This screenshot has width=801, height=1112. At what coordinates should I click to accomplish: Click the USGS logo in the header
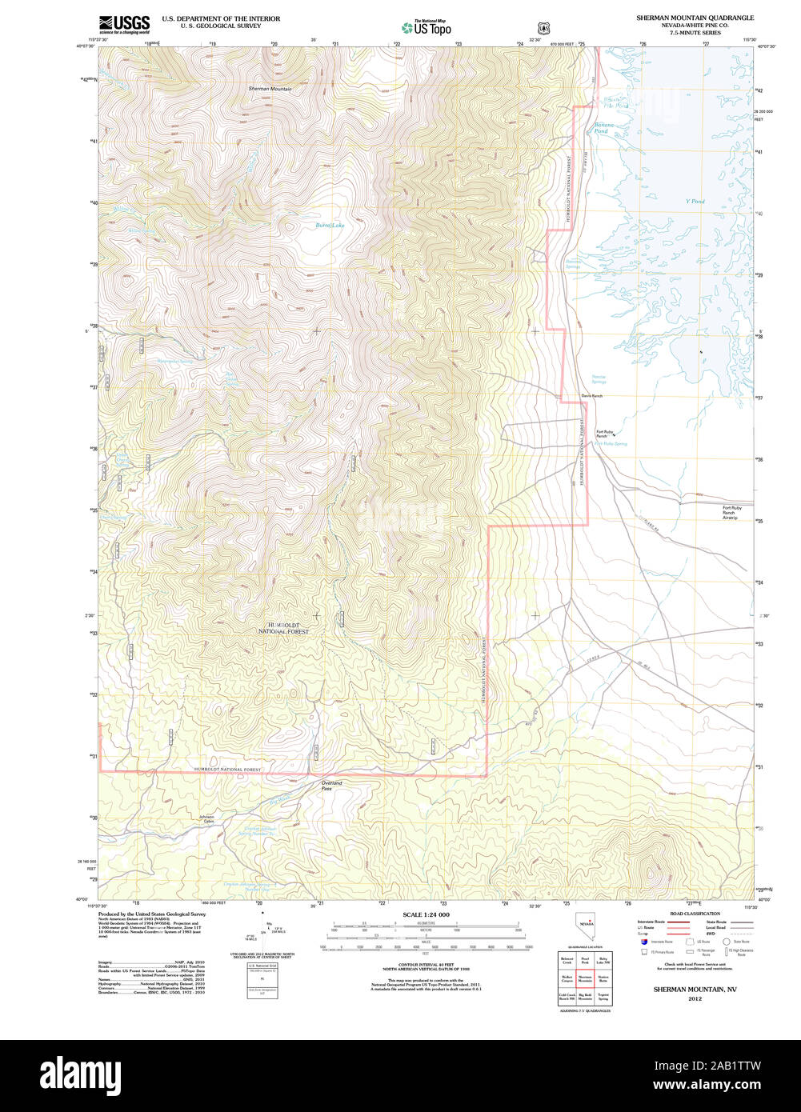[124, 25]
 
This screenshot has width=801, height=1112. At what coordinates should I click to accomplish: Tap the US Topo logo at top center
[426, 27]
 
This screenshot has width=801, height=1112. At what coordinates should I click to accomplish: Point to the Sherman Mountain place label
[270, 89]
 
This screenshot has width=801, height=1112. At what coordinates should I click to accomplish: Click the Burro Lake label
[330, 226]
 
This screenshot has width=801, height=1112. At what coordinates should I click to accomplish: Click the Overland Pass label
[331, 786]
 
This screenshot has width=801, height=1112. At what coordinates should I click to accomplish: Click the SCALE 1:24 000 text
[426, 914]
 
